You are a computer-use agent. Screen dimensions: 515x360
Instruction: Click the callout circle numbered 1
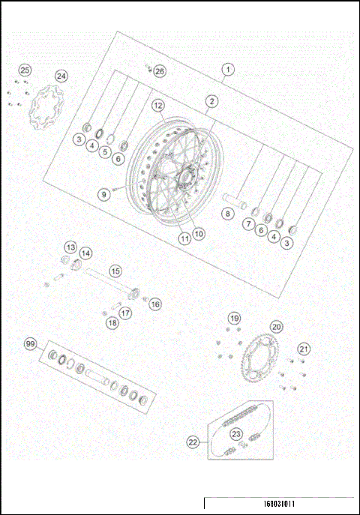(x=227, y=70)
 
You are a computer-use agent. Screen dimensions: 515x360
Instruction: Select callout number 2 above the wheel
(x=212, y=100)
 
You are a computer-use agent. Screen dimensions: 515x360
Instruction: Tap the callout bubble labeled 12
(x=158, y=106)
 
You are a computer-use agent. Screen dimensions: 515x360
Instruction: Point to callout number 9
(x=104, y=193)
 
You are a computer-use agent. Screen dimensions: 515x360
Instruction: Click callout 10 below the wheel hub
(x=199, y=233)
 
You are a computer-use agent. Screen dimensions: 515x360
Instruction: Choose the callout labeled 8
(x=228, y=214)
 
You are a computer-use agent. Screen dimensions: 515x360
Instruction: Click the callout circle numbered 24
(x=61, y=76)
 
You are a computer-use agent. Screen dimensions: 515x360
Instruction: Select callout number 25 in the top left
(x=25, y=70)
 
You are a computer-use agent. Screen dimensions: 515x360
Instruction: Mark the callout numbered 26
(x=159, y=70)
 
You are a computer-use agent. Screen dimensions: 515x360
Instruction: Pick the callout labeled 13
(x=70, y=247)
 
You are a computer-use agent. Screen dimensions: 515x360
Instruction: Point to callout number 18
(x=112, y=323)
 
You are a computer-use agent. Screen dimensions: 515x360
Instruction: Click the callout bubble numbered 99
(x=31, y=344)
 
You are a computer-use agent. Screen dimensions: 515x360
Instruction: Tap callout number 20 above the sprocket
(x=277, y=327)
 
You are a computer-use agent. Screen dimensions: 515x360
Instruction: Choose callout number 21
(x=303, y=348)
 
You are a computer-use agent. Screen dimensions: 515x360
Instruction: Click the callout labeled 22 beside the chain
(x=193, y=443)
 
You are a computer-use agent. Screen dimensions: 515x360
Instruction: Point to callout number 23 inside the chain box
(x=236, y=434)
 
